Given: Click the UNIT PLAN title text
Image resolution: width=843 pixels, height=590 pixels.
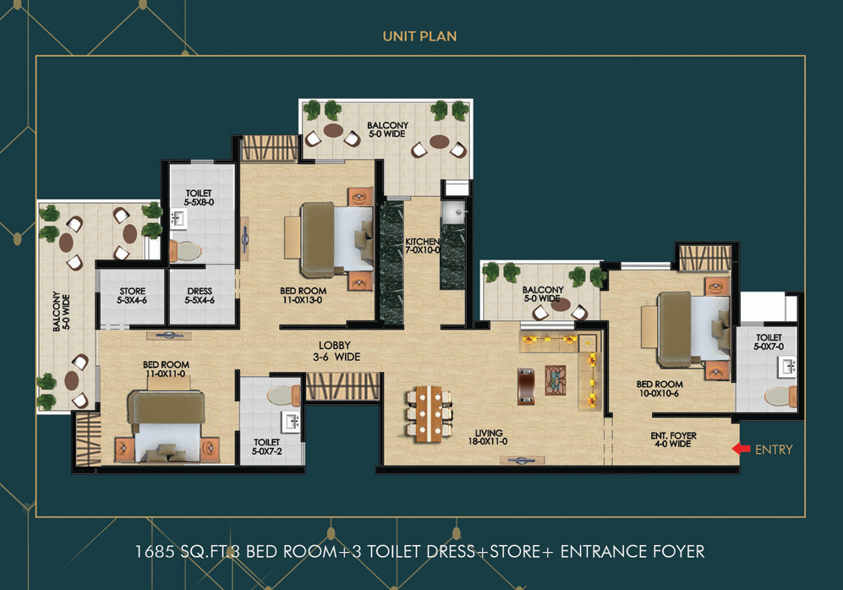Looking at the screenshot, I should click(420, 36).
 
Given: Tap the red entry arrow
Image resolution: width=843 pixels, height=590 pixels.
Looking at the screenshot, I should click(741, 449).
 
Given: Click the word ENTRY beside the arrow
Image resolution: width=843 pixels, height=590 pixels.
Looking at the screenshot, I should click(774, 450).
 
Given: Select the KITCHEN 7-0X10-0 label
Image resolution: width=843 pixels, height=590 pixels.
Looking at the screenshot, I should click(422, 245).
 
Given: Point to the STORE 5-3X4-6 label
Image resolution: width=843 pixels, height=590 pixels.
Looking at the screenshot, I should click(132, 296).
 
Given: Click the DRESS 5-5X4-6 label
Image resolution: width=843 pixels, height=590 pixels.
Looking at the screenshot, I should click(200, 296).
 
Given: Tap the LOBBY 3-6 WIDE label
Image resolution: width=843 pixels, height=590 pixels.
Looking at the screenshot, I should click(339, 351).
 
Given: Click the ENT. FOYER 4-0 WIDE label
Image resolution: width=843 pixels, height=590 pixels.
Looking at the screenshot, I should click(674, 440).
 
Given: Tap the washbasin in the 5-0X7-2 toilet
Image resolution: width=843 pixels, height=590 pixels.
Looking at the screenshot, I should click(292, 422).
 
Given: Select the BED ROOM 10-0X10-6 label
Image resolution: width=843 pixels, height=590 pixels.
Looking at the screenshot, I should click(660, 389).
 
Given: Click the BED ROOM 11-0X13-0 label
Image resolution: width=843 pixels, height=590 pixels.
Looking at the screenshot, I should click(303, 295).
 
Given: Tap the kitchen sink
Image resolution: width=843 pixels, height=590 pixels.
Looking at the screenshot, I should click(453, 211).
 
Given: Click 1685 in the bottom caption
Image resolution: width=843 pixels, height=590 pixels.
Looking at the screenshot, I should click(153, 552).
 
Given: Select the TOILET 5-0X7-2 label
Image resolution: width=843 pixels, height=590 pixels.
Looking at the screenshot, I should click(266, 446).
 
